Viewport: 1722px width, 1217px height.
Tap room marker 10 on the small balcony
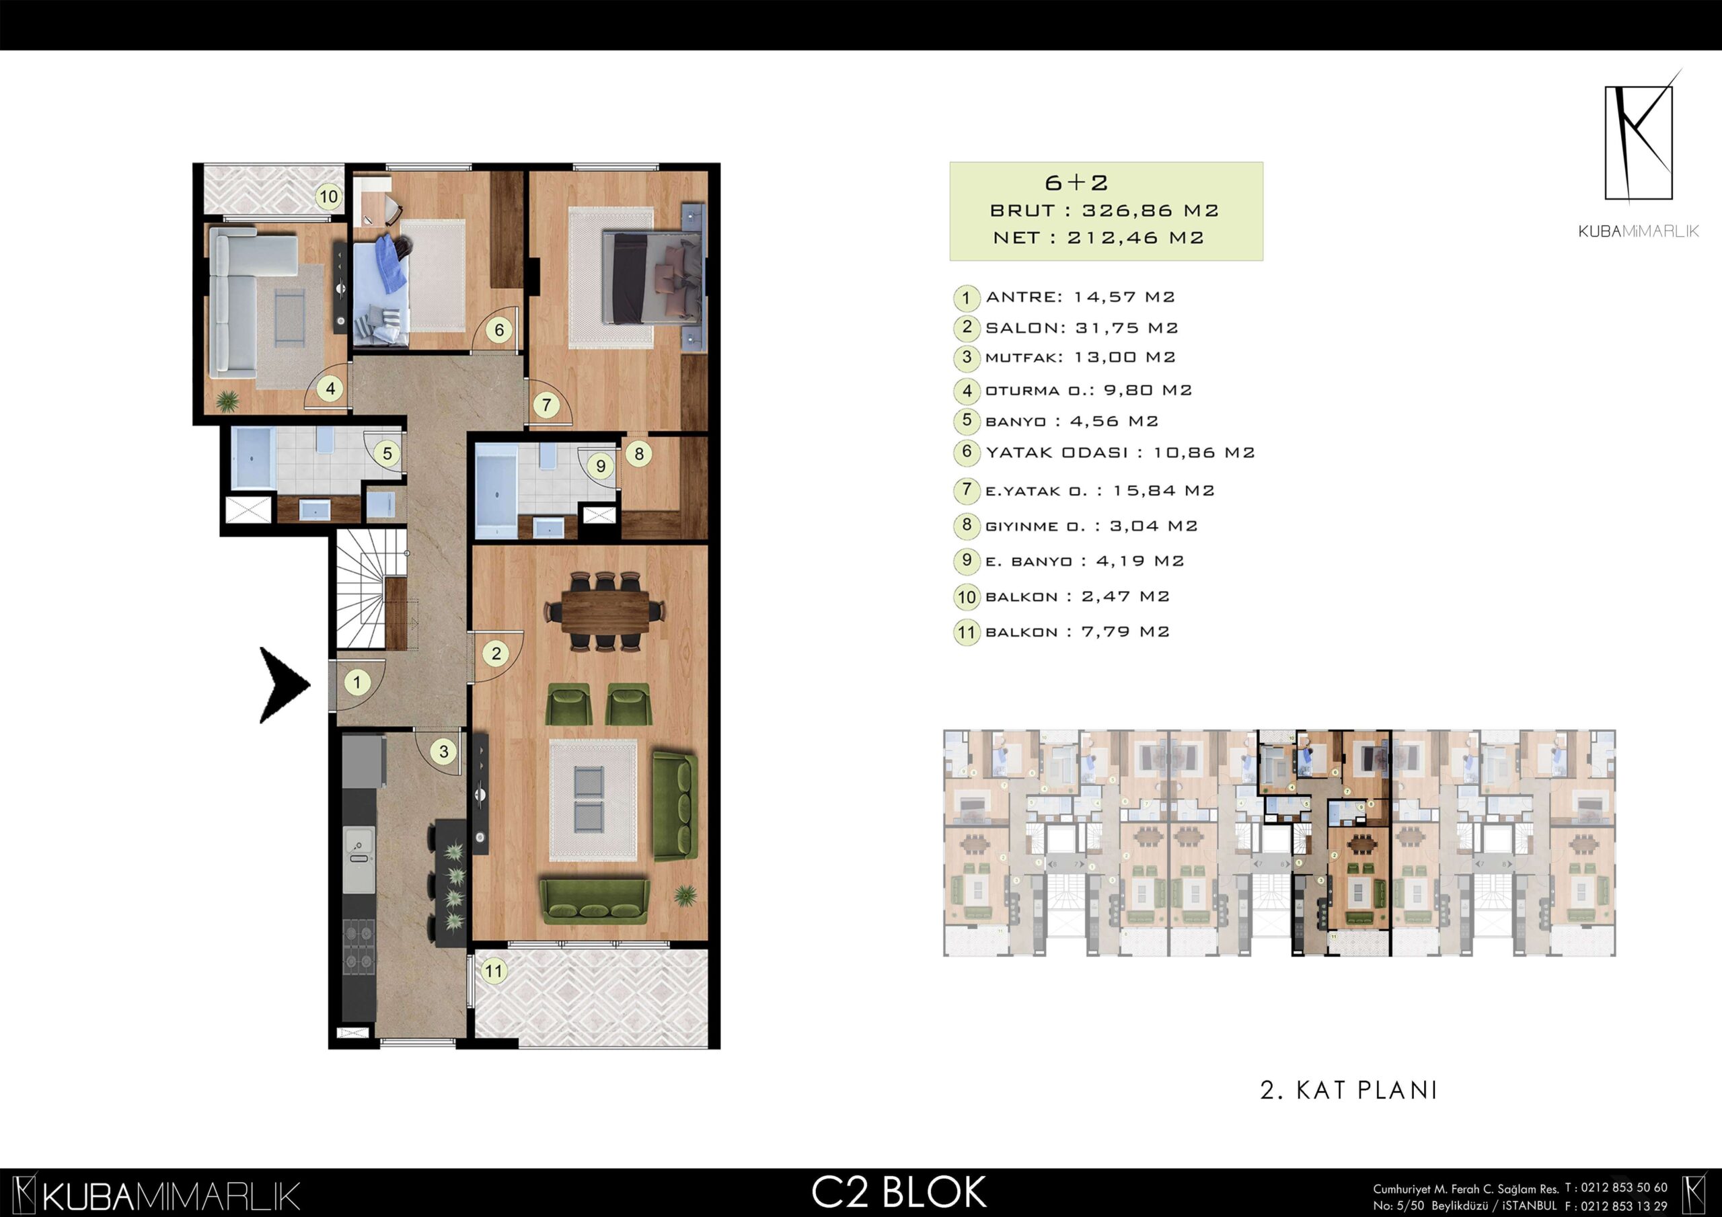tap(328, 197)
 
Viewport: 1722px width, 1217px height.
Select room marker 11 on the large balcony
tap(494, 971)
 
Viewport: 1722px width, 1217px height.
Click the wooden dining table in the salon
tap(605, 611)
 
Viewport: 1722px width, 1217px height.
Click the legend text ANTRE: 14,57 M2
tap(1080, 297)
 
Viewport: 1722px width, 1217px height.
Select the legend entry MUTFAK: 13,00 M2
tap(1080, 358)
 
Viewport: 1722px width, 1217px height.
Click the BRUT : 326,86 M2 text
tap(1104, 210)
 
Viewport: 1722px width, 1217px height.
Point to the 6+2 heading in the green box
tap(1076, 182)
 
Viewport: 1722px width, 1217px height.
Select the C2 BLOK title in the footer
tap(899, 1192)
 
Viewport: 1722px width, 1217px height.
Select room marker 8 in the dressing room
tap(638, 454)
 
